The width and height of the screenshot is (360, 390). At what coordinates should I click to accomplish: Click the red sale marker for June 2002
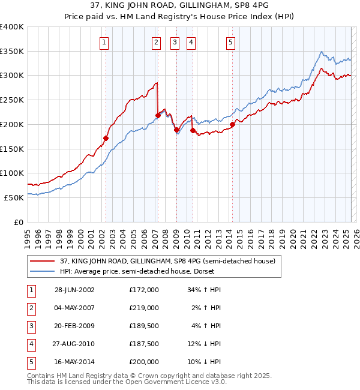pyautogui.click(x=106, y=138)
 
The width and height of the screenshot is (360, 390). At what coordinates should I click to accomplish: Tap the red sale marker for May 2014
pyautogui.click(x=232, y=125)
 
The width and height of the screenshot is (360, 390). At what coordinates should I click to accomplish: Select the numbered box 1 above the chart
pyautogui.click(x=104, y=42)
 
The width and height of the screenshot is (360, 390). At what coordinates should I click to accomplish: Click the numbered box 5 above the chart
pyautogui.click(x=230, y=42)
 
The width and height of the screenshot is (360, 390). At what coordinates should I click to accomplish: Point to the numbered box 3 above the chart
pyautogui.click(x=175, y=42)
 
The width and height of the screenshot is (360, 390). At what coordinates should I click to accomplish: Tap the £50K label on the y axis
pyautogui.click(x=14, y=197)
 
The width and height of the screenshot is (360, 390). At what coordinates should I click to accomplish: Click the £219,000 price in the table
pyautogui.click(x=144, y=308)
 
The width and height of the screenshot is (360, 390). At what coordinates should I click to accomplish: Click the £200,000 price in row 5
pyautogui.click(x=144, y=362)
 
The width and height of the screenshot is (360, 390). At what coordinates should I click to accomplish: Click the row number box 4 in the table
pyautogui.click(x=29, y=344)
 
